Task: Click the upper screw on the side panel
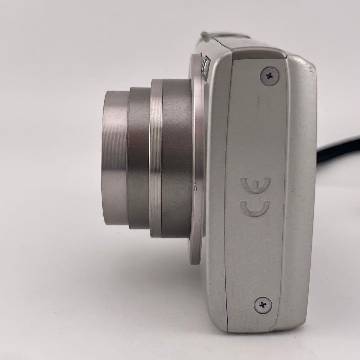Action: (x=270, y=76)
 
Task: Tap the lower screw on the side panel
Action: (x=263, y=305)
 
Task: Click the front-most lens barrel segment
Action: (x=115, y=158)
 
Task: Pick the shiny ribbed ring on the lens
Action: (x=156, y=158)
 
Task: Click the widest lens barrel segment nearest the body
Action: (x=176, y=158)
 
